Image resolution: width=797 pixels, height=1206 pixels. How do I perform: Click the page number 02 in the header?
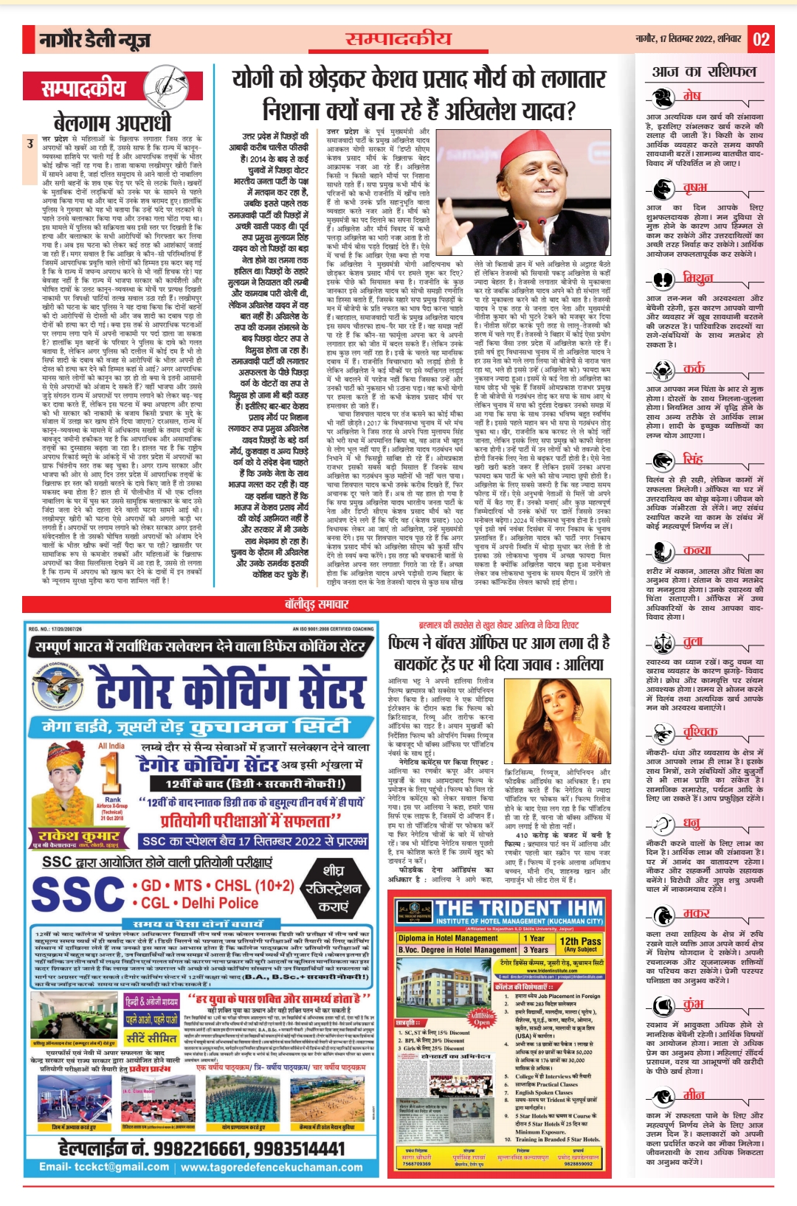click(x=761, y=39)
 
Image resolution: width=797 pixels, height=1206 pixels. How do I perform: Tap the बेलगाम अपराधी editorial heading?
click(x=112, y=122)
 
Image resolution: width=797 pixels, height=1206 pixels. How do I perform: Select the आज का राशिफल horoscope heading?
click(x=704, y=72)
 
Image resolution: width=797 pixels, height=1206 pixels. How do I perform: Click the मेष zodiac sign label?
click(x=691, y=96)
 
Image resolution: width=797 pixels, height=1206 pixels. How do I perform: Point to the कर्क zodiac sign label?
click(x=693, y=367)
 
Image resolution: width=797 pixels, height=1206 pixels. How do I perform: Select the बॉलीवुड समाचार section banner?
click(x=317, y=604)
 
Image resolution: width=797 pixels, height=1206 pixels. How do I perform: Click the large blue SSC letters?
click(x=77, y=893)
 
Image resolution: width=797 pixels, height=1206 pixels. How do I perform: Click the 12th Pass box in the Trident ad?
click(x=580, y=944)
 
